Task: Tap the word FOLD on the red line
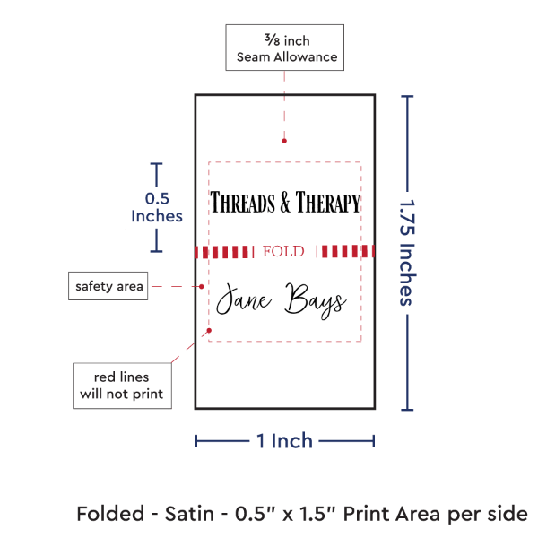pyautogui.click(x=283, y=251)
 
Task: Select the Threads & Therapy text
pyautogui.click(x=285, y=203)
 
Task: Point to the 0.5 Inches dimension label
pyautogui.click(x=157, y=207)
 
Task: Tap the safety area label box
pyautogui.click(x=108, y=286)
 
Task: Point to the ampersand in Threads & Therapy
pyautogui.click(x=283, y=204)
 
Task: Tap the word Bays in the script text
pyautogui.click(x=314, y=302)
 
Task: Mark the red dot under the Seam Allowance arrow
pyautogui.click(x=284, y=141)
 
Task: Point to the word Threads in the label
pyautogui.click(x=242, y=203)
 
